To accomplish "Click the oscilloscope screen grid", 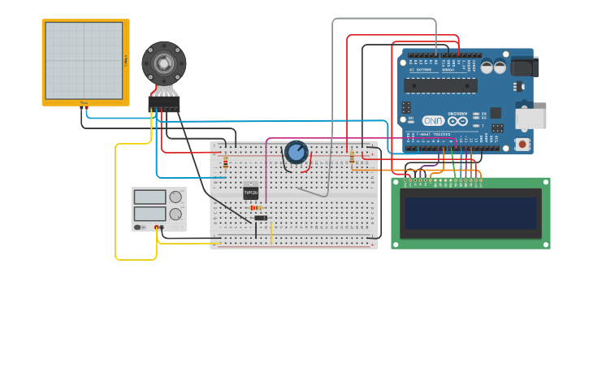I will point(84,60).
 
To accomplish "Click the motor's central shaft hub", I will point(163,63).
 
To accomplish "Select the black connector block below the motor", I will point(163,104).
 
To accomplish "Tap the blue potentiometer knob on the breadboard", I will point(296,152).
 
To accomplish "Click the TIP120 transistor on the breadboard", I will point(250,193).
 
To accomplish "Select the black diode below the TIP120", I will point(260,218).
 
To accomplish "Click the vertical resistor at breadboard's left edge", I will point(225,162).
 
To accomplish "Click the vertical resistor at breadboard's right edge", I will point(352,158).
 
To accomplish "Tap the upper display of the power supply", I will point(149,197).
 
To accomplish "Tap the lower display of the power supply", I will point(149,214).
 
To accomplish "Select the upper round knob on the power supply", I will point(175,197).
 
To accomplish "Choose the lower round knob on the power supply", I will point(175,214).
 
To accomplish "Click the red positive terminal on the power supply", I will point(156,227).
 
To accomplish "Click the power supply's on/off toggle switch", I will point(139,227).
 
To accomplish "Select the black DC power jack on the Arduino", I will point(523,67).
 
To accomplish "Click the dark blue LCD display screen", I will point(470,214).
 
